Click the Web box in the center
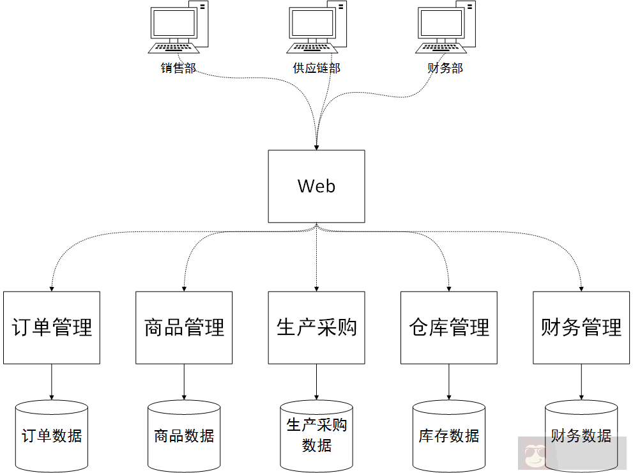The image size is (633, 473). (x=316, y=186)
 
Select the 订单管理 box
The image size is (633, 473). (x=52, y=327)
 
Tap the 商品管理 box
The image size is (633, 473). (x=184, y=327)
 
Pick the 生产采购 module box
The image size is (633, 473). (x=316, y=327)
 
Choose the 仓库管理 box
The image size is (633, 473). (x=449, y=327)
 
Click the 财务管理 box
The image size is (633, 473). (x=581, y=327)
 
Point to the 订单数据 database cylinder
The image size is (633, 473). (x=52, y=437)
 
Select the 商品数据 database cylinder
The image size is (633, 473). (x=184, y=437)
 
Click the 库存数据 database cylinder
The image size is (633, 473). (x=449, y=437)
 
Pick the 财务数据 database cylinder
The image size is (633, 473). (x=581, y=435)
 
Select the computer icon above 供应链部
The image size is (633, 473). (x=317, y=29)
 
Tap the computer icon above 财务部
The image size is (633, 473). (x=446, y=29)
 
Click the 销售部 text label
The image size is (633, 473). (x=178, y=68)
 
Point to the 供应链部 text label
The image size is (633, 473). (x=317, y=68)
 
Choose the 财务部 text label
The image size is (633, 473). (x=445, y=68)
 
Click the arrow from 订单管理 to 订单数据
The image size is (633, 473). (x=52, y=382)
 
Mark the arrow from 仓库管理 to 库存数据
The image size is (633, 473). (x=449, y=382)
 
